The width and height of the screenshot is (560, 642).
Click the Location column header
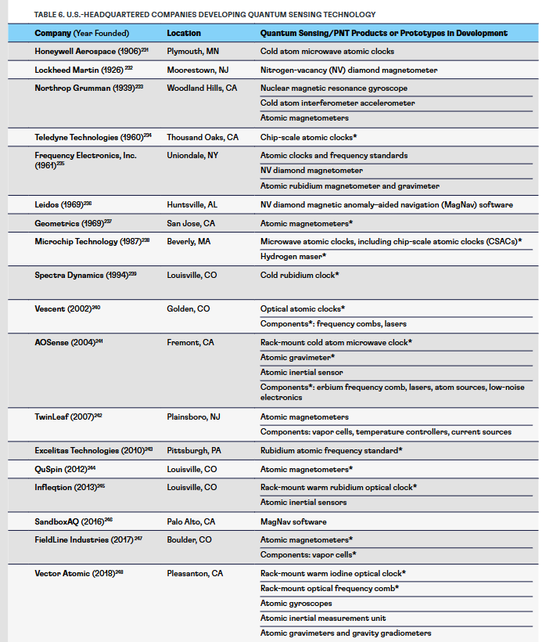click(x=184, y=33)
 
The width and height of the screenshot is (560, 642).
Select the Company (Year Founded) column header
click(x=81, y=33)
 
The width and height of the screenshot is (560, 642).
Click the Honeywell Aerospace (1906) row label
click(x=88, y=51)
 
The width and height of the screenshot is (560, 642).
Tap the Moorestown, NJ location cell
click(x=196, y=70)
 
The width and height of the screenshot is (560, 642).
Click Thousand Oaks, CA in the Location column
click(x=202, y=137)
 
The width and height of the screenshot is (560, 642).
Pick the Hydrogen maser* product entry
click(x=293, y=256)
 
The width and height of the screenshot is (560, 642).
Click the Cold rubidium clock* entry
click(x=300, y=275)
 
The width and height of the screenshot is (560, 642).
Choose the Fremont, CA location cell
click(x=190, y=342)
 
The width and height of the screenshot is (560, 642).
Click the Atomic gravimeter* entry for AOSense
click(x=298, y=357)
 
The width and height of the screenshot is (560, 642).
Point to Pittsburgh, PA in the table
click(x=194, y=450)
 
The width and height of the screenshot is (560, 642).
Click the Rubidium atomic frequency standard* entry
click(x=332, y=450)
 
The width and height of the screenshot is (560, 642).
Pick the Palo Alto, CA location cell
click(x=191, y=521)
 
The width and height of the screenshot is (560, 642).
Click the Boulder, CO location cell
click(x=188, y=539)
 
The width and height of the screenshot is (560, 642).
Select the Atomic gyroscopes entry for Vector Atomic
click(x=296, y=603)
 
